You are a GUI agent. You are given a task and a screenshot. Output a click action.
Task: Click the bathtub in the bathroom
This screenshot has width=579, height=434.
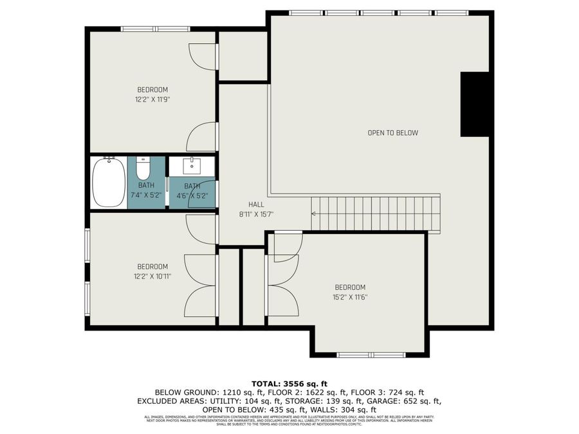point(109,183)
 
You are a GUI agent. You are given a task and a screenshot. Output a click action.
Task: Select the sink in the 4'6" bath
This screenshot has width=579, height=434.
point(192,167)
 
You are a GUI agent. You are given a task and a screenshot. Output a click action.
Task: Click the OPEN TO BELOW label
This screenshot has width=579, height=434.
point(392,133)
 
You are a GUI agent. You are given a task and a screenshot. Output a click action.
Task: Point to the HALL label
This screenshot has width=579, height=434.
point(248,203)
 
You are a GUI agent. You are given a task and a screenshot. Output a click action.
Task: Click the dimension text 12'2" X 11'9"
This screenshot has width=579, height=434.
point(152,100)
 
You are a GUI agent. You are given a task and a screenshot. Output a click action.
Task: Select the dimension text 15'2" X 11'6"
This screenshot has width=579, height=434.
point(350,297)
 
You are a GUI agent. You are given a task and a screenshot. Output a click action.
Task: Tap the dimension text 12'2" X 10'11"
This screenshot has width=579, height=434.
point(152,276)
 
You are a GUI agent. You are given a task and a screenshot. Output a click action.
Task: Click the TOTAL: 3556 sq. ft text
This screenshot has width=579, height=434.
point(289,384)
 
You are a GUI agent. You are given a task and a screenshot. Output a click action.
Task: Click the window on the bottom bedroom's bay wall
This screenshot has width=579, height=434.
point(371,354)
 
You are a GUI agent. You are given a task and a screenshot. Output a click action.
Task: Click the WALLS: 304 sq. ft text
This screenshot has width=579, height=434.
point(345,409)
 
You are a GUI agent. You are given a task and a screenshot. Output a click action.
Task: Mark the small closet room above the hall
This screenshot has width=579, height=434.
point(243,56)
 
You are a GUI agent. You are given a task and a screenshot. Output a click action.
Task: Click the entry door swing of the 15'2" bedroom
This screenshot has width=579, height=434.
point(286,248)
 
